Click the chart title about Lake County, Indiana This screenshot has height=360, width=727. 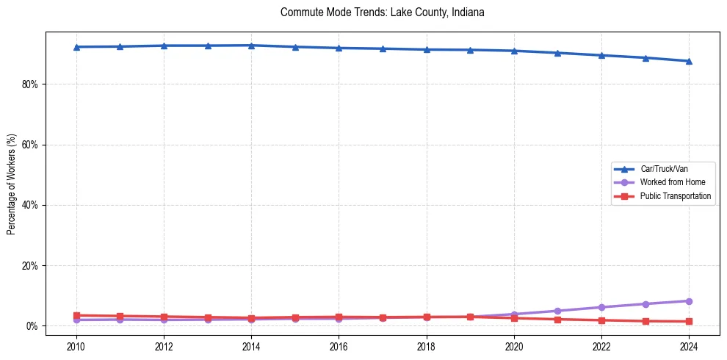(x=382, y=12)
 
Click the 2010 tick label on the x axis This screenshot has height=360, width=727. (x=76, y=345)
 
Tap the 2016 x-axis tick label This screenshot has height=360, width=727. (x=339, y=345)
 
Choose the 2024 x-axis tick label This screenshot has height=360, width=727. (x=689, y=345)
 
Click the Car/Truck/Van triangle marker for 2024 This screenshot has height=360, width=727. (x=689, y=61)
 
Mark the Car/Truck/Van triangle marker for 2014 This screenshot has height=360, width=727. (x=251, y=46)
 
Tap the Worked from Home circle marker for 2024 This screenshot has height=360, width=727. (x=689, y=301)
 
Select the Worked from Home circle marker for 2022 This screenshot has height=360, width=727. (x=601, y=307)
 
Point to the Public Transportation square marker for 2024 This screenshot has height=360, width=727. (x=689, y=321)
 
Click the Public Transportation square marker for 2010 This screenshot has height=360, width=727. (x=76, y=315)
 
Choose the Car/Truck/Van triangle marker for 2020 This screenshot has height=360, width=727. (x=514, y=51)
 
